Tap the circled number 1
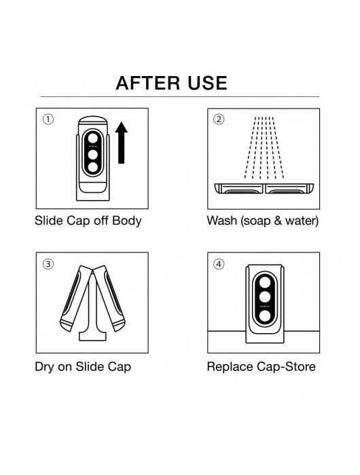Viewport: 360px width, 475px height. pyautogui.click(x=48, y=120)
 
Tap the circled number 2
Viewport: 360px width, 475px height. pyautogui.click(x=219, y=120)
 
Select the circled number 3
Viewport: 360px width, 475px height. pyautogui.click(x=48, y=265)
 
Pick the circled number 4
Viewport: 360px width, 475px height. pyautogui.click(x=219, y=265)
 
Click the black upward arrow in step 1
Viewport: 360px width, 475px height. pyautogui.click(x=121, y=143)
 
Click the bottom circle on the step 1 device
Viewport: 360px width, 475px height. pyautogui.click(x=91, y=168)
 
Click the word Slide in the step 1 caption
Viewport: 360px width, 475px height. pyautogui.click(x=48, y=221)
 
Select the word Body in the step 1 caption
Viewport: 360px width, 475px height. pyautogui.click(x=128, y=221)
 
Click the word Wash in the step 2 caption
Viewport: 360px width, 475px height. pyautogui.click(x=221, y=221)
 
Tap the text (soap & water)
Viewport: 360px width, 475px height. pyautogui.click(x=278, y=221)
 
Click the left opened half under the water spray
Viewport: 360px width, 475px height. pyautogui.click(x=238, y=189)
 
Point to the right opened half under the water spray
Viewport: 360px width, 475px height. pyautogui.click(x=288, y=189)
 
